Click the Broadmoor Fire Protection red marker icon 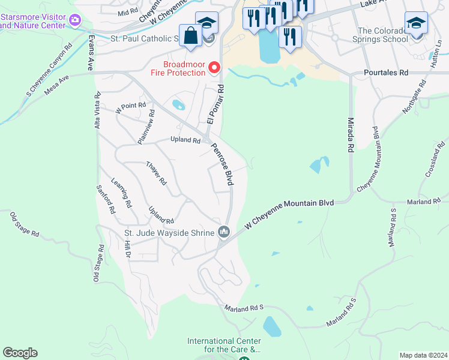coord(213,68)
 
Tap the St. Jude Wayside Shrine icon coord(224,232)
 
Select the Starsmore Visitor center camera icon coord(75,20)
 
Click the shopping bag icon coord(190,35)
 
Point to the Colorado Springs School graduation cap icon coord(415,23)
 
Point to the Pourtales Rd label coord(386,73)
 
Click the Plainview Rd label coord(146,126)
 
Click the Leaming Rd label coord(121,192)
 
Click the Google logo coord(20,353)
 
